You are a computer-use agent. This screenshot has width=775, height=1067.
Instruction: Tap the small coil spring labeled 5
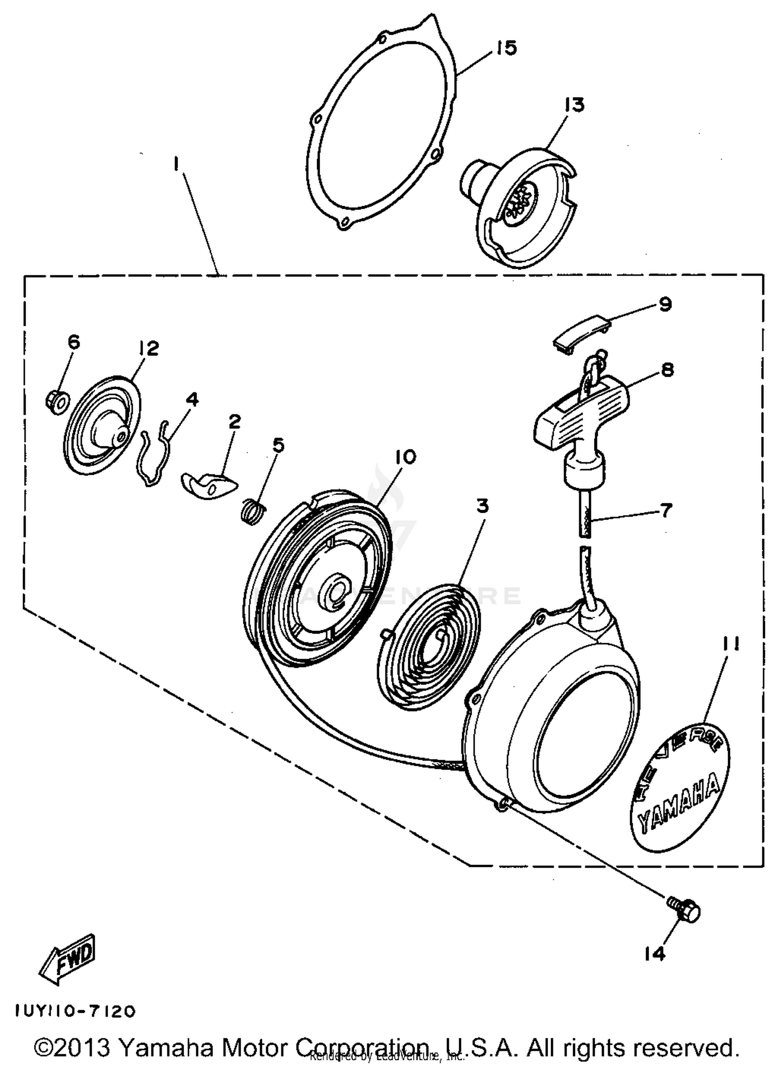tap(254, 511)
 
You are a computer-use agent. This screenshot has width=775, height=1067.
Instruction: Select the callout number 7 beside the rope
tap(666, 511)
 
